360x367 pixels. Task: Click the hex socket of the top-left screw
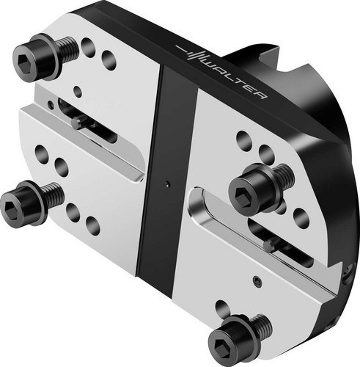click(x=24, y=59)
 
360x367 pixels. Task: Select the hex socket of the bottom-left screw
click(x=10, y=208)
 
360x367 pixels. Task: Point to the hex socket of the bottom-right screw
click(x=219, y=346)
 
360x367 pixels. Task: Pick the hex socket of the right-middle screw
click(x=241, y=194)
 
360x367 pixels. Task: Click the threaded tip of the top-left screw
click(x=69, y=48)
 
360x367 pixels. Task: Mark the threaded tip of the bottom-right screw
click(x=262, y=327)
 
